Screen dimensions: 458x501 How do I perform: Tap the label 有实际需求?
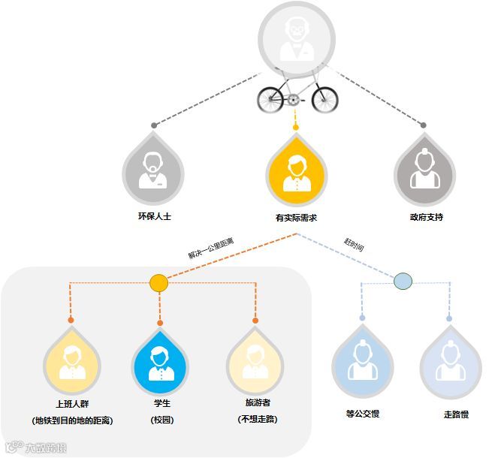296,218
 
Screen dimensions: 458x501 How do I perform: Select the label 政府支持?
426,217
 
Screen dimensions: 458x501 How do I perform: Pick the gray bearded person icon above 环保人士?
153,171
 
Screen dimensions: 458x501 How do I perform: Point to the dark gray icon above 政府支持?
426,171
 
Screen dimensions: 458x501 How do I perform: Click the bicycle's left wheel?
271,98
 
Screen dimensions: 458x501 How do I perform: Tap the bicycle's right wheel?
324,98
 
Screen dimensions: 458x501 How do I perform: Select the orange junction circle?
159,283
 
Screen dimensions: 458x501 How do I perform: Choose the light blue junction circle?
403,282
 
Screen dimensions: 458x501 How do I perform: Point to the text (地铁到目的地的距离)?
71,420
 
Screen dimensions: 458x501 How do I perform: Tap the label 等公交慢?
362,414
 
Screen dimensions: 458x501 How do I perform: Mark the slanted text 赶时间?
353,244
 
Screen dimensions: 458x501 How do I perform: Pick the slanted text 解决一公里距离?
211,248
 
